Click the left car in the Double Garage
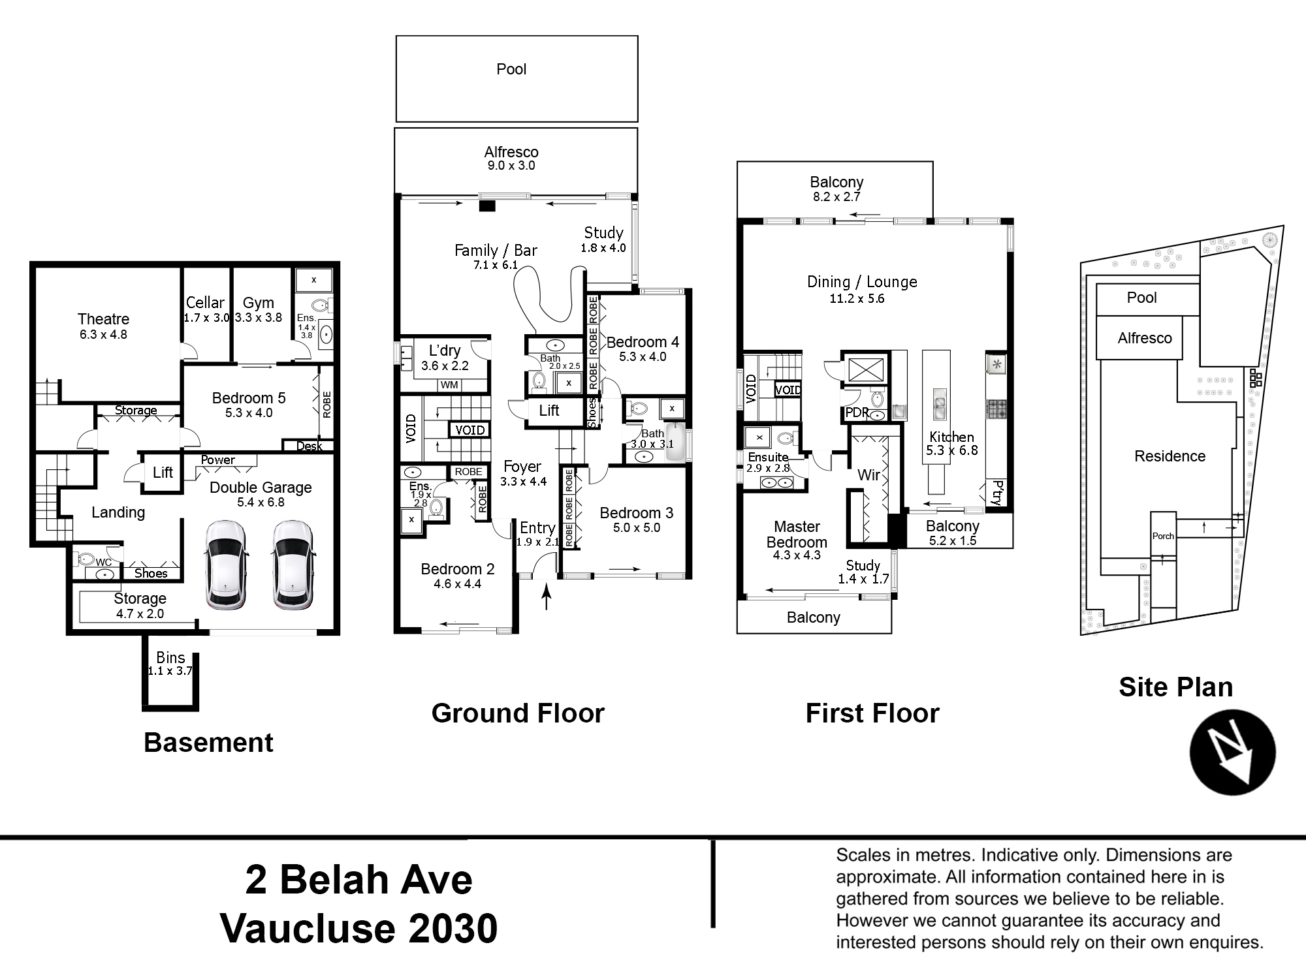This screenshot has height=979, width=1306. coord(226,565)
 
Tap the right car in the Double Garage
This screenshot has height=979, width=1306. coord(293,565)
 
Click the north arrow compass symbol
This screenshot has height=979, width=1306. coord(1233,752)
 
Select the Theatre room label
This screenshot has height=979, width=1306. coord(103,319)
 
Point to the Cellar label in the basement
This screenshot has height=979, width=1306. coord(205,303)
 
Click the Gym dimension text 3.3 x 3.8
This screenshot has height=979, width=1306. coord(258,318)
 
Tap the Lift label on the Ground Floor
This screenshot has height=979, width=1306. coord(549,411)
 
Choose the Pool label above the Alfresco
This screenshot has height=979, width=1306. coord(511,69)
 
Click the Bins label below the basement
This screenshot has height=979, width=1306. coord(170,657)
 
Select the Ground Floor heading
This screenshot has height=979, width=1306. coord(518,713)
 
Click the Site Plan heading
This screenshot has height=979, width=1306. coord(1176,687)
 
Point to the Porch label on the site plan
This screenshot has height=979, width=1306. coord(1163,536)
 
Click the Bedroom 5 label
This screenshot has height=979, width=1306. coord(249,398)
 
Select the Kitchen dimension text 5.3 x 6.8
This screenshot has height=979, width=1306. coord(952,450)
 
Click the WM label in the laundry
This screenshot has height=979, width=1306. coord(449,385)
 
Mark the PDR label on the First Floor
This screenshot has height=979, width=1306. coord(857,412)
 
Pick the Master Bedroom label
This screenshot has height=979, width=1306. coord(797,535)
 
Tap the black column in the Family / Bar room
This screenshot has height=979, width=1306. coord(487,206)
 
